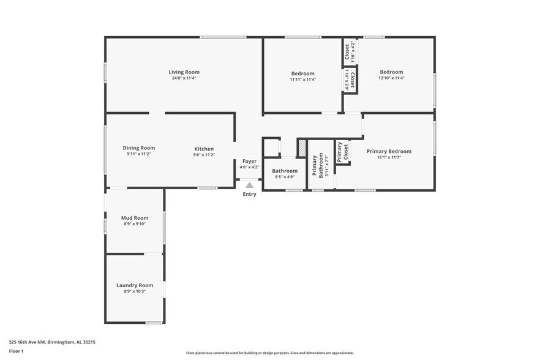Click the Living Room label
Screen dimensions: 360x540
point(183,72)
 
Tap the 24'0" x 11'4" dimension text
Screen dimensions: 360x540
point(183,78)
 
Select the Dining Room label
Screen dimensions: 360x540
point(138,148)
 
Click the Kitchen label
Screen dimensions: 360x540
point(204,149)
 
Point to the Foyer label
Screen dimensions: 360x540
point(249,161)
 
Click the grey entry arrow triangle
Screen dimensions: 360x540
point(249,184)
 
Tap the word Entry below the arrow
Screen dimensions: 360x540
point(249,194)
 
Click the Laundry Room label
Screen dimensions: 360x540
point(135,285)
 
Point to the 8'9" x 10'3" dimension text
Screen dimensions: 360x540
point(135,291)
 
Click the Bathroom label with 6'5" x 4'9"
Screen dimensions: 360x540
point(285,171)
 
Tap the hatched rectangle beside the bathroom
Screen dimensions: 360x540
point(301,148)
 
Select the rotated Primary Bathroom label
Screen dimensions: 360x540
point(316,165)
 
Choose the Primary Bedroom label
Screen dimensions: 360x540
point(389,151)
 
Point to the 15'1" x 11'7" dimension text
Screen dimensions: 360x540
point(389,157)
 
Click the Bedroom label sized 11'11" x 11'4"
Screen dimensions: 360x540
point(302,73)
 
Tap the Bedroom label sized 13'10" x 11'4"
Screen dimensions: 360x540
point(391,72)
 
